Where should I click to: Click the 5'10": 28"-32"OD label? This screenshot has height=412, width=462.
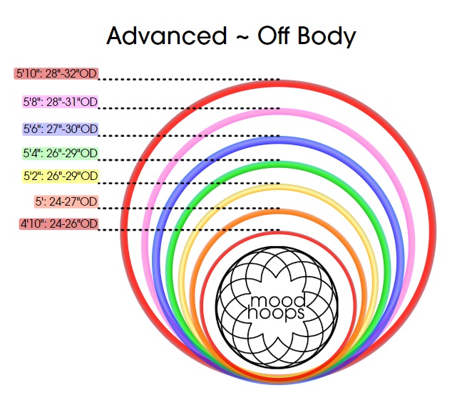click(56, 73)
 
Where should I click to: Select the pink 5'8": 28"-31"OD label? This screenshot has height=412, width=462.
click(60, 102)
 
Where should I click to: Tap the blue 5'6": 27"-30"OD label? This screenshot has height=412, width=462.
click(60, 129)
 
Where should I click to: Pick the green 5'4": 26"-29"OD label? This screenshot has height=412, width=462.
click(60, 153)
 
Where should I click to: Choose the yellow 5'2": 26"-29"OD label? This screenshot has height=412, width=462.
click(60, 176)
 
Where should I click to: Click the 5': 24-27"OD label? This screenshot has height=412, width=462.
click(66, 201)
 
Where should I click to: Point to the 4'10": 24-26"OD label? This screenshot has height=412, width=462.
click(58, 224)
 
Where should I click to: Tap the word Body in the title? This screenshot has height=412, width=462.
click(324, 36)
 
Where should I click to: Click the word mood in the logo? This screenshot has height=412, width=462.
click(270, 300)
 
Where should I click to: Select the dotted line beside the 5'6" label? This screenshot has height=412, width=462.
click(189, 135)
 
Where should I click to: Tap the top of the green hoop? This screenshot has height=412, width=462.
click(280, 166)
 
